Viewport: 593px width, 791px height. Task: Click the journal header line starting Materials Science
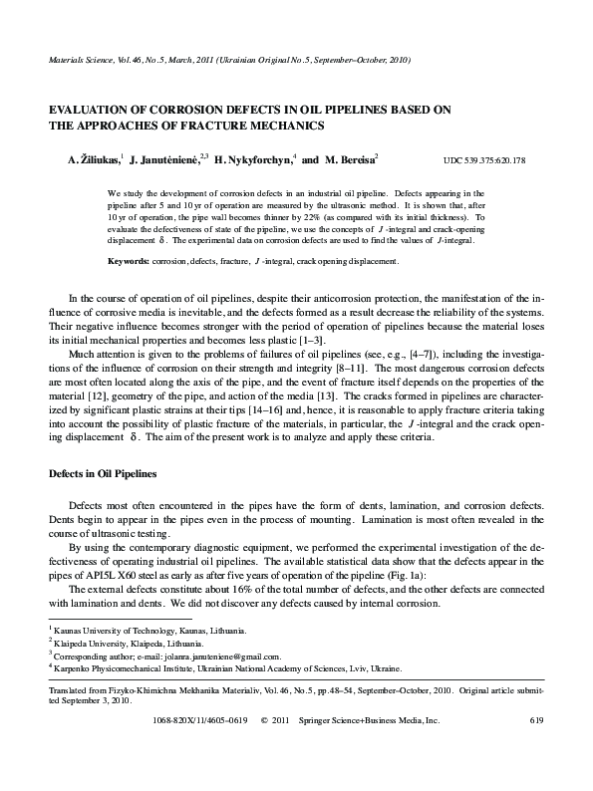(x=229, y=60)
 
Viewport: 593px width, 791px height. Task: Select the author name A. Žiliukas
(x=93, y=159)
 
